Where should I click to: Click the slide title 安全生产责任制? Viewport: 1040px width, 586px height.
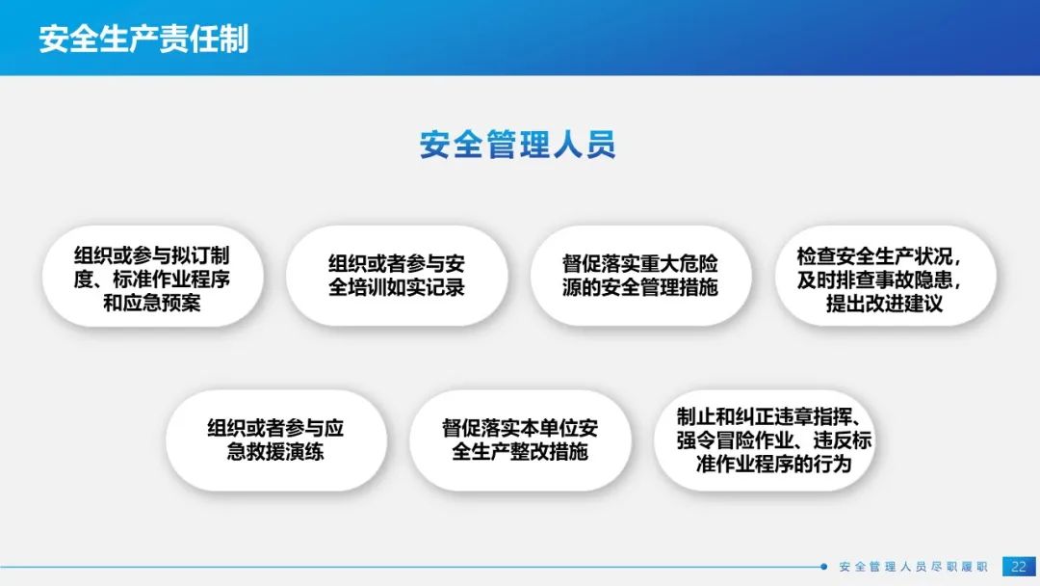tap(143, 39)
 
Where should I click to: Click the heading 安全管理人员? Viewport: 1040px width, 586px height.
tap(517, 145)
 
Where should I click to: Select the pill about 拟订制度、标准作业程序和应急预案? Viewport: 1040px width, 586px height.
tap(152, 276)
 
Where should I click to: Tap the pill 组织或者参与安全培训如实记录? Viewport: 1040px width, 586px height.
tap(397, 276)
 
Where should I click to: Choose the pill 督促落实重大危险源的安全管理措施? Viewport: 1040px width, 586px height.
tap(640, 276)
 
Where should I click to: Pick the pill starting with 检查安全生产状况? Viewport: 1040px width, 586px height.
tap(886, 276)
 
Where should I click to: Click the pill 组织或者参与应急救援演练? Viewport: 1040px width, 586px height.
tap(276, 440)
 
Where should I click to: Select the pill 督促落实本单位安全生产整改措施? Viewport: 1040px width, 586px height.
tap(520, 440)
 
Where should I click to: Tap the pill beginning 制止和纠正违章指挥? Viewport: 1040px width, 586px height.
tap(765, 440)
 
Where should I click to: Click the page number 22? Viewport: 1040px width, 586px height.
tap(1019, 567)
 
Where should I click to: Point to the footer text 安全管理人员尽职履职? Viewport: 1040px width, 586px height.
tap(913, 567)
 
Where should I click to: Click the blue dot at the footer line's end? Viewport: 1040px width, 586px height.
tap(823, 567)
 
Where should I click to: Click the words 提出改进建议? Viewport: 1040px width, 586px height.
tap(884, 304)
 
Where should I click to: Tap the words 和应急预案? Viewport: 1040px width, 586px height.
tap(152, 304)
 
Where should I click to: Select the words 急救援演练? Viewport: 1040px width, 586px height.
tap(275, 452)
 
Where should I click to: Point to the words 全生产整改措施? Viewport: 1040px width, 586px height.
tap(520, 452)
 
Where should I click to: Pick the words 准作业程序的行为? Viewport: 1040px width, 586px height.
tap(773, 464)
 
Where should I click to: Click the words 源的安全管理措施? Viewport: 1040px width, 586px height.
tap(640, 287)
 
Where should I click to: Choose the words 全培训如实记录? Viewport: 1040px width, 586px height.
tap(397, 287)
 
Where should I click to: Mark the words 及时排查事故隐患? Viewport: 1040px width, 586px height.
tap(879, 280)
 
